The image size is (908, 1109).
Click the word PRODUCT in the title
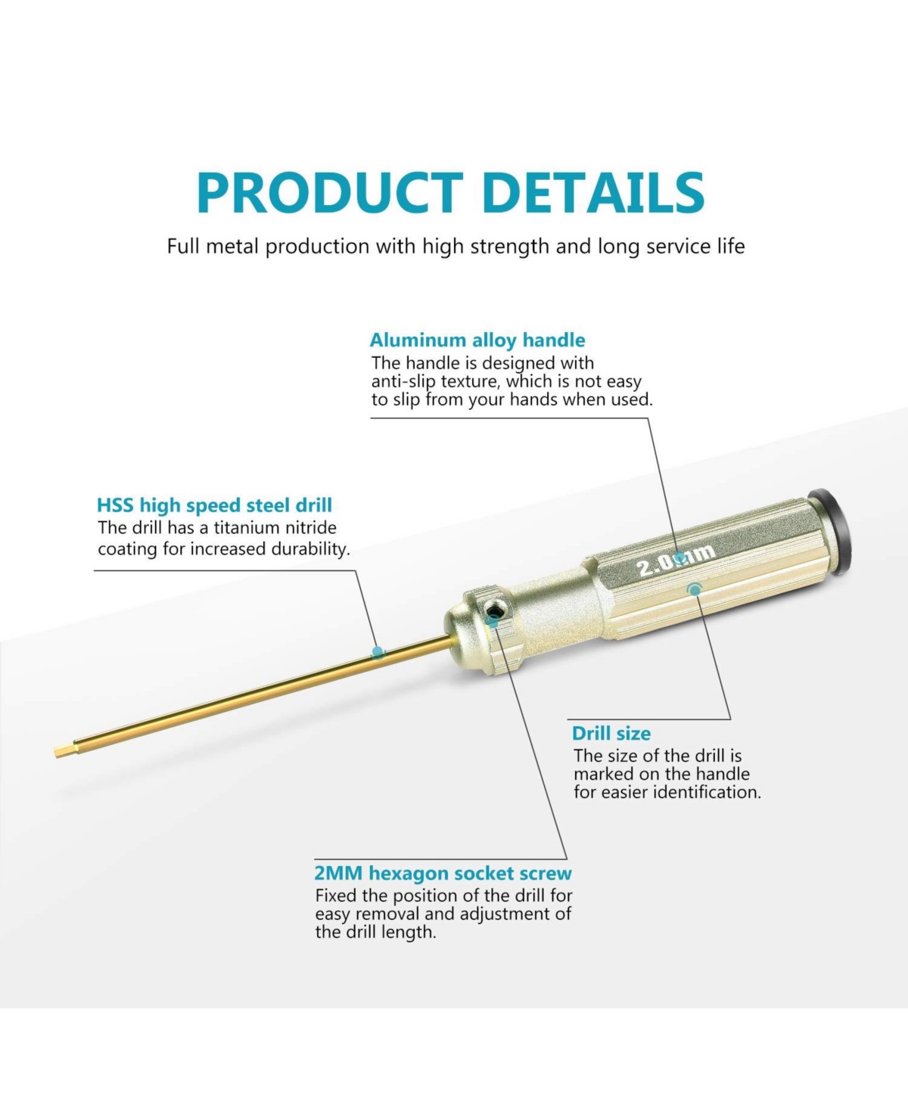[330, 193]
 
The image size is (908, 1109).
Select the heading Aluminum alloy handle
[477, 340]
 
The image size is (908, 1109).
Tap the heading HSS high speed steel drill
[214, 505]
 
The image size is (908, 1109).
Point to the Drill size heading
[611, 734]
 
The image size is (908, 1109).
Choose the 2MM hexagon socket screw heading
[443, 873]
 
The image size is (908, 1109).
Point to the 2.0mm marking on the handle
[676, 561]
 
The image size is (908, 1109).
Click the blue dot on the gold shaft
[378, 653]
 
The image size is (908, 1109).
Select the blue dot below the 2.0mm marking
[695, 589]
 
